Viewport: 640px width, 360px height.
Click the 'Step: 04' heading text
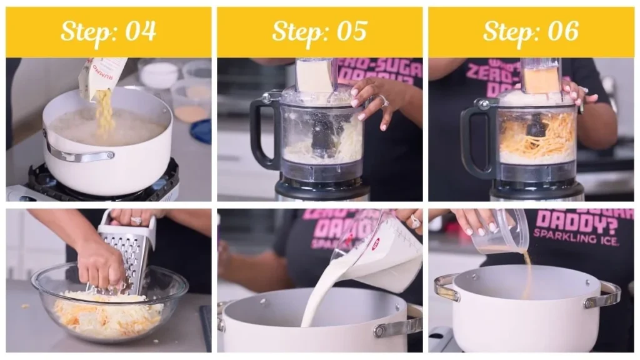108,31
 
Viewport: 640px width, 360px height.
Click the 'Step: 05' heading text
319,31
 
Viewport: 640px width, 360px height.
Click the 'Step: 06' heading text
531,31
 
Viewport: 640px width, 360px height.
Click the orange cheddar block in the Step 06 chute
541,79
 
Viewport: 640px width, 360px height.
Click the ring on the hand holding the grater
134,221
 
